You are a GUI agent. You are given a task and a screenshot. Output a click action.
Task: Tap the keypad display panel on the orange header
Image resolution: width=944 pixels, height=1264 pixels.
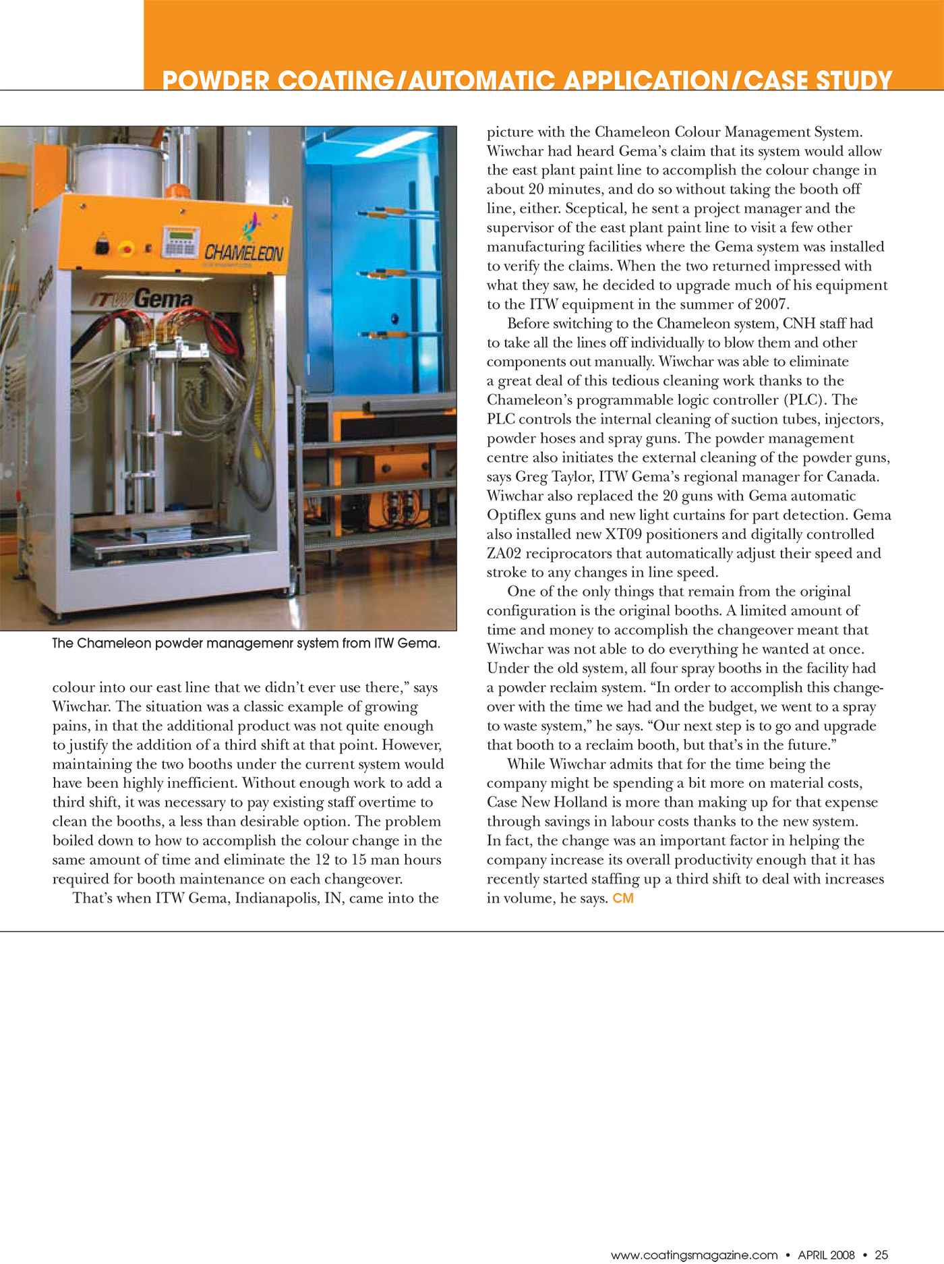181,241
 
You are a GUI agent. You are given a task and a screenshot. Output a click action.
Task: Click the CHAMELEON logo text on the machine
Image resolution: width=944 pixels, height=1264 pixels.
244,253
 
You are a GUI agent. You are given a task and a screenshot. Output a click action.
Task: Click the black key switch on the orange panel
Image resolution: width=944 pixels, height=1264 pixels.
102,247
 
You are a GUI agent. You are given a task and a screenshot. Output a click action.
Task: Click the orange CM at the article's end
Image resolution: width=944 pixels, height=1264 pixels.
623,898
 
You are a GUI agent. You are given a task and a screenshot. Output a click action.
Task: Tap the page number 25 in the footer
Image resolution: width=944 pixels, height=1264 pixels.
881,1255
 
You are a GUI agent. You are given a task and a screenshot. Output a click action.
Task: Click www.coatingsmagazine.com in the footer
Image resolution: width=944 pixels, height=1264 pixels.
694,1255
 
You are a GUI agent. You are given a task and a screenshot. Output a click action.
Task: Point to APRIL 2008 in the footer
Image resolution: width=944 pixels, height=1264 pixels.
826,1255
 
